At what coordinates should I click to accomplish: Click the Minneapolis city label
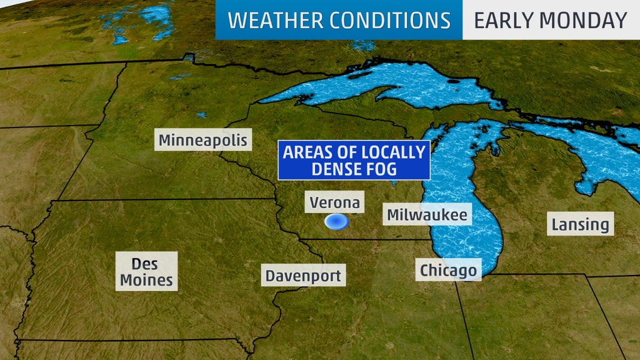click(x=203, y=140)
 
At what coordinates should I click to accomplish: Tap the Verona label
click(x=335, y=202)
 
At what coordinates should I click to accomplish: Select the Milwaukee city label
click(x=427, y=215)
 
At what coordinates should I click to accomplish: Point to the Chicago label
click(x=448, y=270)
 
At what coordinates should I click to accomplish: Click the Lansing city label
click(x=580, y=224)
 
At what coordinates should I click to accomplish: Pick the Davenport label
click(x=304, y=276)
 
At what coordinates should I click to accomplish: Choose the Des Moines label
click(x=147, y=271)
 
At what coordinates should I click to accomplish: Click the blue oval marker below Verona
click(x=336, y=221)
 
